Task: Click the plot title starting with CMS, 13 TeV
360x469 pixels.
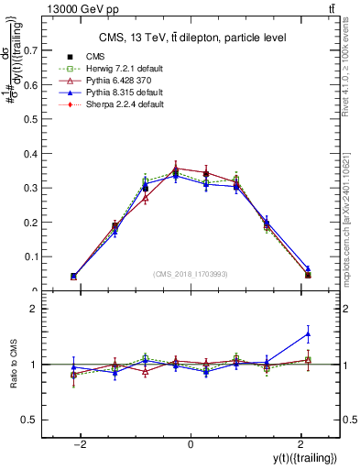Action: coord(190,38)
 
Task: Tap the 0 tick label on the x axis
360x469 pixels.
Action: coord(191,444)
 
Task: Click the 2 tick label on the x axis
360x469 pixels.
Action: coord(299,444)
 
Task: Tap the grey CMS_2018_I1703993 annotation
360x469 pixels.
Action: coord(190,274)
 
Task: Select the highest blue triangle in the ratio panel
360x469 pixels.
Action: coord(308,333)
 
